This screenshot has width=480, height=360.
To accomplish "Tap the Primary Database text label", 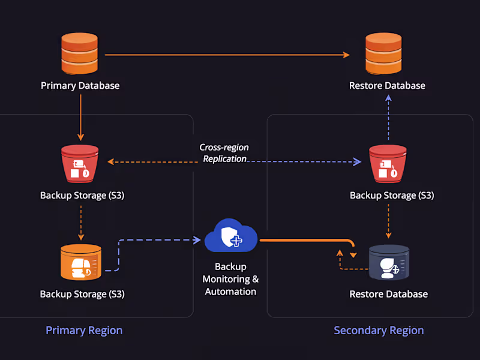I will (80, 86).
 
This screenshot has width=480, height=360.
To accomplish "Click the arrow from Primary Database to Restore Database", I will (228, 55).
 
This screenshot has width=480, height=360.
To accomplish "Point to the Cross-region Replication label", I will (224, 153).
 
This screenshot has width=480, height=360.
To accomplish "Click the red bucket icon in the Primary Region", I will (80, 163).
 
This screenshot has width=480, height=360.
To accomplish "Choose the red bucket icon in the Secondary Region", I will (388, 163).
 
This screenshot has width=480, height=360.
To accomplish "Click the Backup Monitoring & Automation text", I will (230, 279).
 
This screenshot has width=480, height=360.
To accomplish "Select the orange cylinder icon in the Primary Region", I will (80, 262).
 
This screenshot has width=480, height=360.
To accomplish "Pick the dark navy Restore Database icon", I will (389, 262).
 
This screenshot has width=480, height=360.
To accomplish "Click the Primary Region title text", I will (84, 331).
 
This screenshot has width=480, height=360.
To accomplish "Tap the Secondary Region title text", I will (379, 331).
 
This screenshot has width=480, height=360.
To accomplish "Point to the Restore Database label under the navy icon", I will (389, 294).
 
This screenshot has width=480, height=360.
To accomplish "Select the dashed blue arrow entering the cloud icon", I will (159, 241).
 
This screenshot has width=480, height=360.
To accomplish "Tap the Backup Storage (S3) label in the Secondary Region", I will (392, 196).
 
